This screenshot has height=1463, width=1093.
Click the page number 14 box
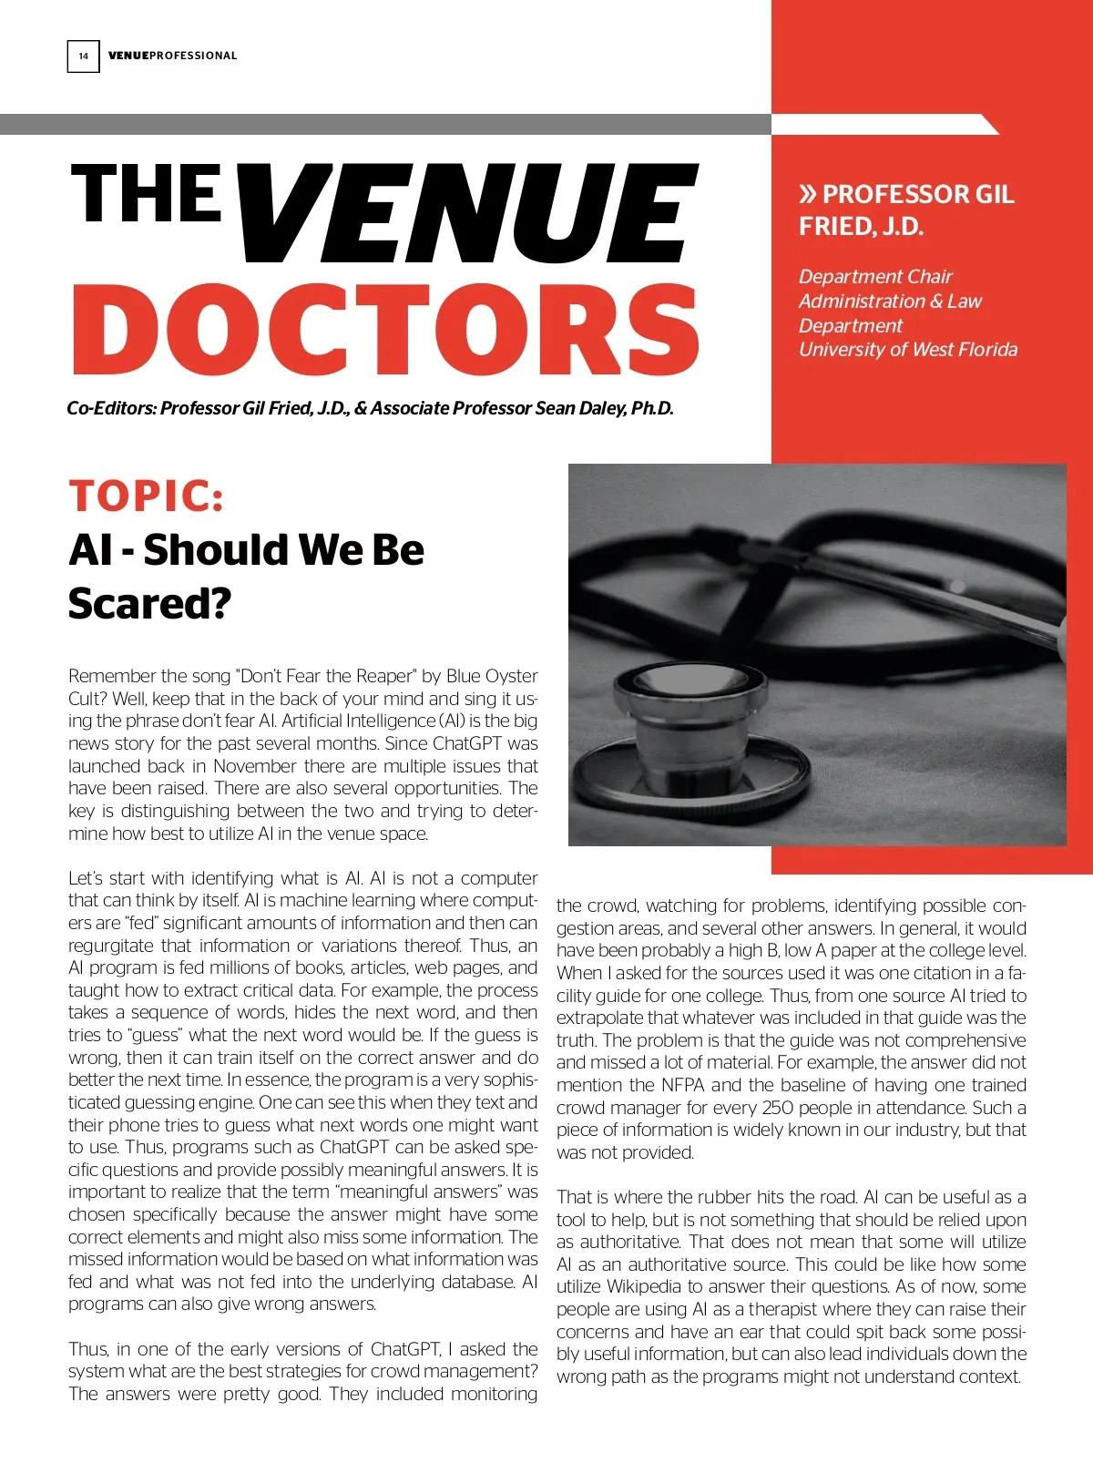tap(83, 56)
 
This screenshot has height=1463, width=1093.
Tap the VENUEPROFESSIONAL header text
tap(172, 56)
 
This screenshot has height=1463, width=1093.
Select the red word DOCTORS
tap(385, 329)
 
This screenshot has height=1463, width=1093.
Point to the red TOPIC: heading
tap(147, 496)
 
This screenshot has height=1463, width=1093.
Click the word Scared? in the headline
tap(150, 603)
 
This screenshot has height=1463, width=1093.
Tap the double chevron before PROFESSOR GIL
tap(807, 194)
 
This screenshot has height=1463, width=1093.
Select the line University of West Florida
tap(907, 350)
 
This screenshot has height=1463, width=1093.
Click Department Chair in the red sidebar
tap(874, 276)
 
